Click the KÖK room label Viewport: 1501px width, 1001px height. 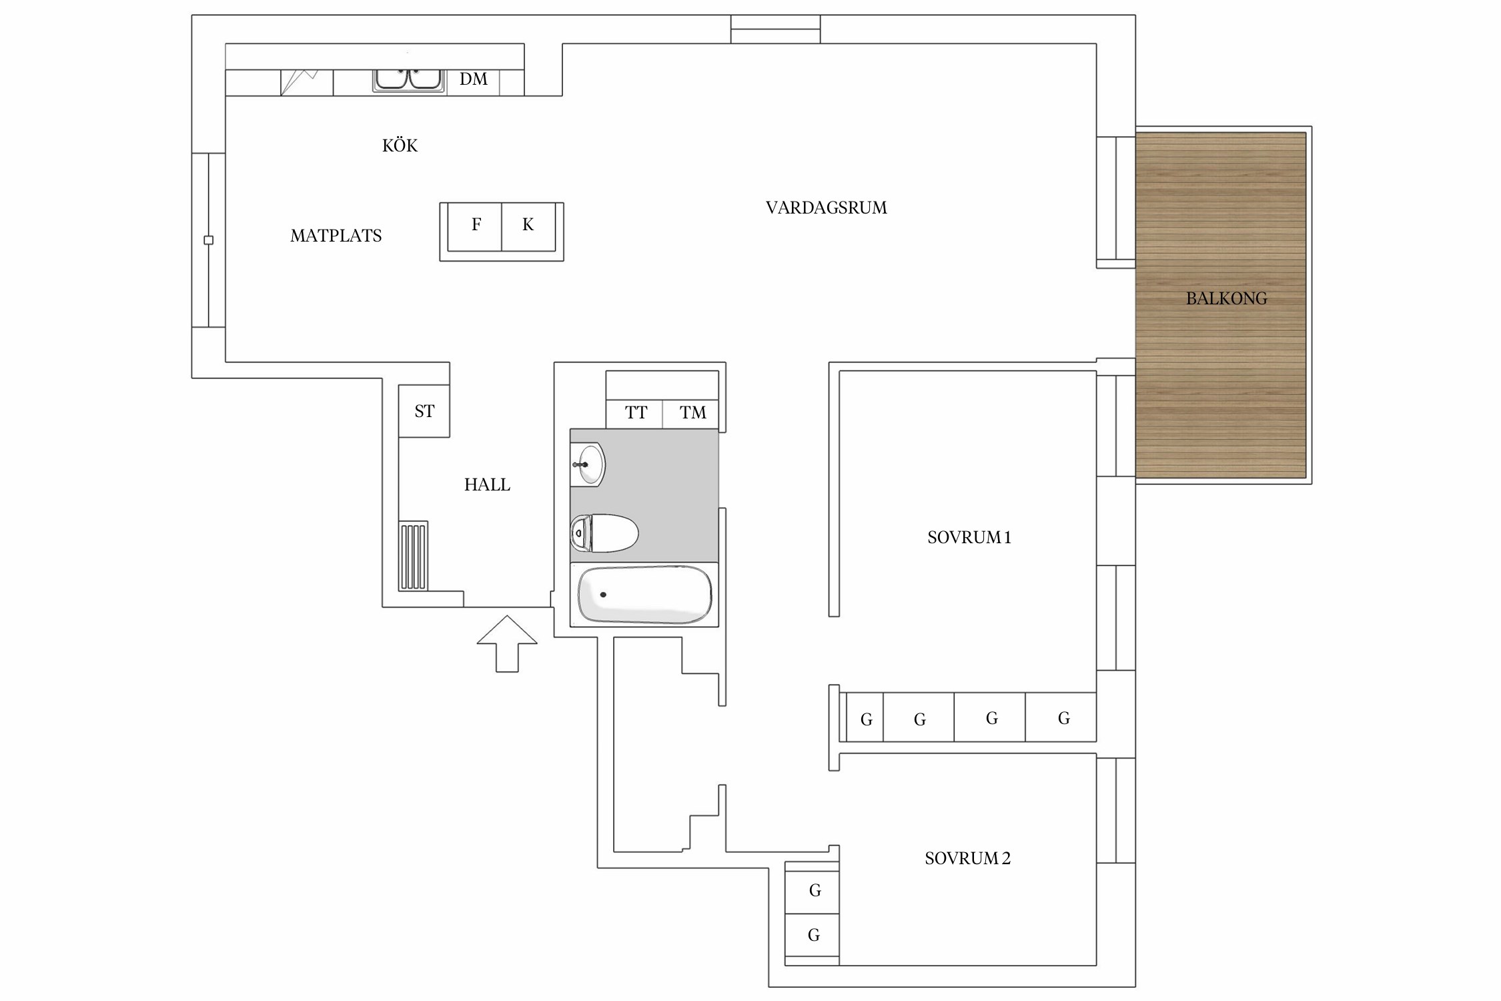coord(400,145)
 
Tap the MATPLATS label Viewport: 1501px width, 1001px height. coord(336,236)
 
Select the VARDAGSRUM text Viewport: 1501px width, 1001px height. coord(826,208)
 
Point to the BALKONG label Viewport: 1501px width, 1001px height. coord(1226,298)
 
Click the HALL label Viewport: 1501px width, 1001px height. coord(487,484)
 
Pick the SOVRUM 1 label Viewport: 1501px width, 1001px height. coord(969,537)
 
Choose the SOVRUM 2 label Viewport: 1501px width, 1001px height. coord(967,858)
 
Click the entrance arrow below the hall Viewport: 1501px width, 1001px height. coord(507,643)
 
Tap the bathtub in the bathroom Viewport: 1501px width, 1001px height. coord(644,594)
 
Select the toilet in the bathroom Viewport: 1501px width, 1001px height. coord(604,533)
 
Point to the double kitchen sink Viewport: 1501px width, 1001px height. coord(408,79)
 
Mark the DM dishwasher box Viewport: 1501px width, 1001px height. coord(473,83)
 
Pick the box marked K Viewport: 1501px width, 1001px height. coord(528,227)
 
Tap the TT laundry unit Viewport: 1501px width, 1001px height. coord(634,414)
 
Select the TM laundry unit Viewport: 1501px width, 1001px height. coord(690,414)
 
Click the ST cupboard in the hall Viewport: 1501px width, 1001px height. coord(424,411)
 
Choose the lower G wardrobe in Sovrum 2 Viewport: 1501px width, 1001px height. coord(812,936)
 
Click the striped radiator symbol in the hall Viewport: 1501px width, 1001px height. coord(413,557)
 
